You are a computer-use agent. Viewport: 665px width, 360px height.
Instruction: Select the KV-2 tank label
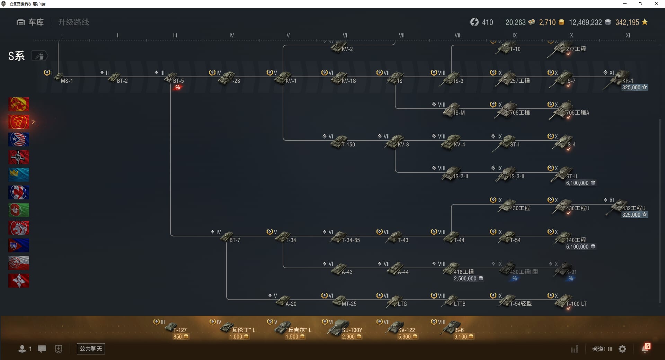click(347, 49)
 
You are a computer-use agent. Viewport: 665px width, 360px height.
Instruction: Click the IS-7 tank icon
click(563, 78)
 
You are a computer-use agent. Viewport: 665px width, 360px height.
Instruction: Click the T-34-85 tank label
click(351, 240)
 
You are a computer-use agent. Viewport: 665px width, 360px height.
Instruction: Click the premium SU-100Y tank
click(338, 327)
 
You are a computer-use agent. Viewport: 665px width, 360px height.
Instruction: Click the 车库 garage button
click(30, 22)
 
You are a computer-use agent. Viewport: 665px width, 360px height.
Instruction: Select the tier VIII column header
click(458, 35)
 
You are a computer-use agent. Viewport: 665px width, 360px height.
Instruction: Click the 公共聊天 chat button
click(91, 349)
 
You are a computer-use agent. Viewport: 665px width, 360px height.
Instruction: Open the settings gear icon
click(622, 349)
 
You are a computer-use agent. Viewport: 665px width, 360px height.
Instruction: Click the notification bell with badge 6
click(645, 349)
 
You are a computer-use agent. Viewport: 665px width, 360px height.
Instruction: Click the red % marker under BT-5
click(178, 88)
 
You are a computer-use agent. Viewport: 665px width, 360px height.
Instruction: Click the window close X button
click(656, 4)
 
